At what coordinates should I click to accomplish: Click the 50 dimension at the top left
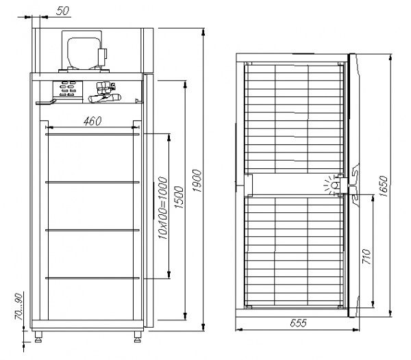(x=62, y=12)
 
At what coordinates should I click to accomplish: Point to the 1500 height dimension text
(x=177, y=199)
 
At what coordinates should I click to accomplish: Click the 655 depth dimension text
(x=296, y=322)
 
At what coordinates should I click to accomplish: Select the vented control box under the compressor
(x=68, y=90)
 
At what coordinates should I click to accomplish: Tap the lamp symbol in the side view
(x=334, y=185)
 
